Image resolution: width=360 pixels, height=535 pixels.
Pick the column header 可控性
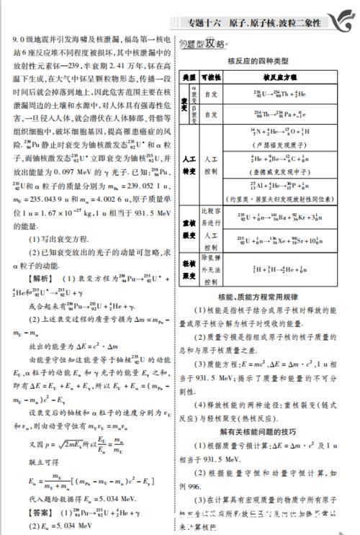click(211, 77)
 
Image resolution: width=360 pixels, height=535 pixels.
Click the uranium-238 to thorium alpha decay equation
click(269, 94)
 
